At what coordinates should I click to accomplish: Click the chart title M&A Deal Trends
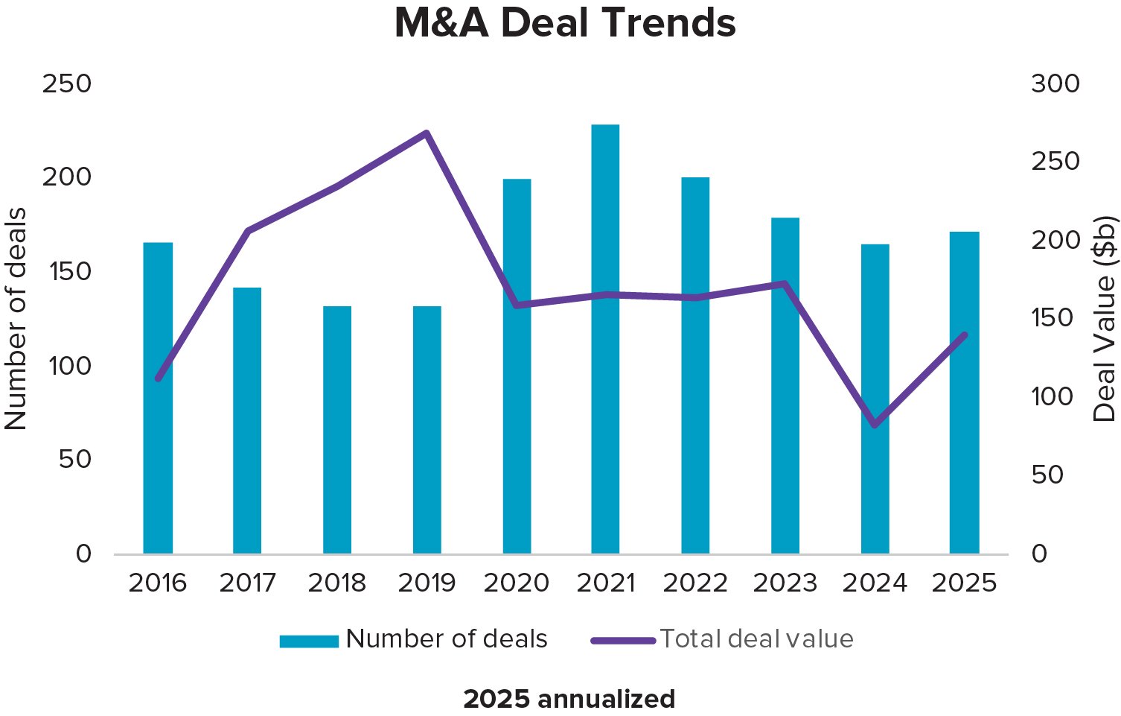pos(565,24)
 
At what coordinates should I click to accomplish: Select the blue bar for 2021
pos(605,339)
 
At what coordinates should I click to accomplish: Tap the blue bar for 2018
pos(337,430)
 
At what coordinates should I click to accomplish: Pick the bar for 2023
pos(785,385)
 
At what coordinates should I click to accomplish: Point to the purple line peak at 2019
pos(427,133)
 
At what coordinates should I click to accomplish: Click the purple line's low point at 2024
pos(875,425)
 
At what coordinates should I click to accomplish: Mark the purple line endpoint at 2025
pos(965,335)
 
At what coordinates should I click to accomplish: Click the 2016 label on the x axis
pos(158,583)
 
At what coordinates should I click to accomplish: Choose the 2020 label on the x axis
pos(517,583)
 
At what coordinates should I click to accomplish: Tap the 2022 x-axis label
pos(695,583)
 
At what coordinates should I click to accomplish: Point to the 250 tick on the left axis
pos(67,83)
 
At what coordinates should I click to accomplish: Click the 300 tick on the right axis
pos(1055,83)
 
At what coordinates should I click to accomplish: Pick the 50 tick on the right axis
pos(1047,475)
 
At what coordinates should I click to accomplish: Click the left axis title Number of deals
pos(16,319)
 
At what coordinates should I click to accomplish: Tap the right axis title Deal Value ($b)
pos(1105,319)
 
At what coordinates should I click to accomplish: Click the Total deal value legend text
pos(756,639)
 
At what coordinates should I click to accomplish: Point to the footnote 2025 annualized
pos(569,699)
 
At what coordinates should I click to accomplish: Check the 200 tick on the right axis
pos(1055,240)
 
